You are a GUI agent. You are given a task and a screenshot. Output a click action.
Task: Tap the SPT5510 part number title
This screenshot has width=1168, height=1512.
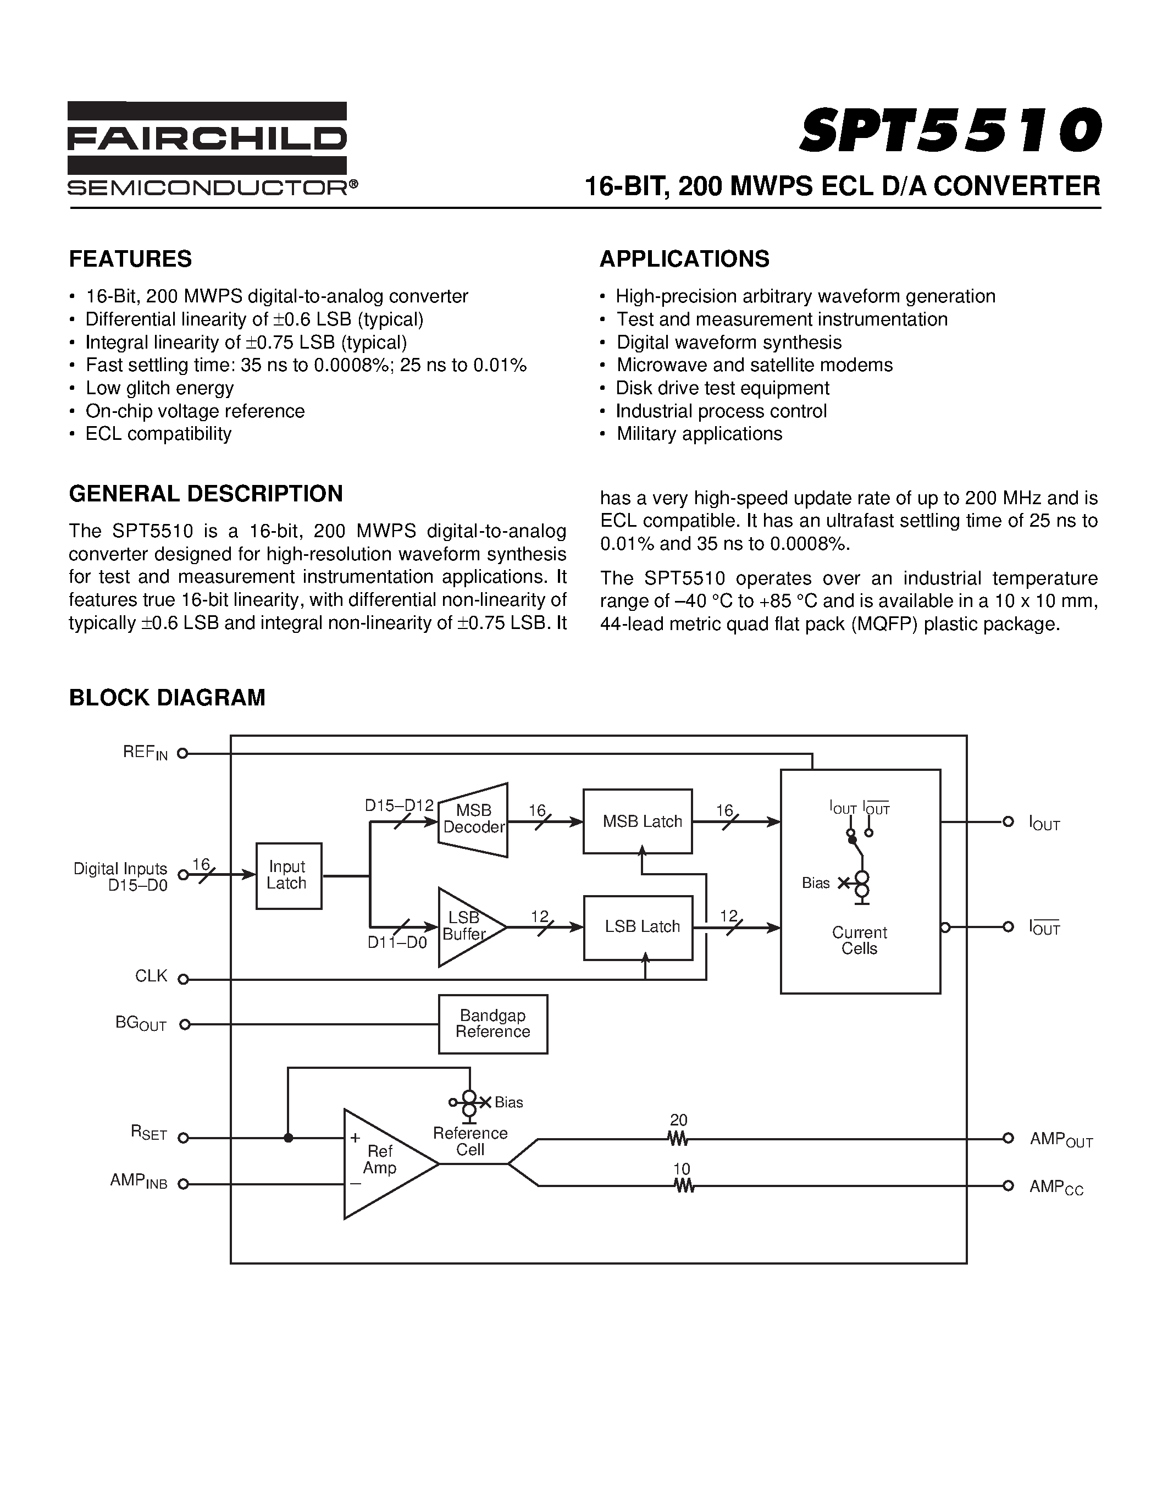pos(949,131)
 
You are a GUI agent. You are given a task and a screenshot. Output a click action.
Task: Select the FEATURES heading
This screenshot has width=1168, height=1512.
pos(130,259)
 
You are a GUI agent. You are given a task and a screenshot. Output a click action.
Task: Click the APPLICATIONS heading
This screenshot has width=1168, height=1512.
pos(684,259)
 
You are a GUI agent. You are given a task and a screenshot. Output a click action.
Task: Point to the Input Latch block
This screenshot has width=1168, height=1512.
pos(288,875)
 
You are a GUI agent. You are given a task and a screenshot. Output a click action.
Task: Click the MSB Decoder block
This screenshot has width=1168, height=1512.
pos(473,819)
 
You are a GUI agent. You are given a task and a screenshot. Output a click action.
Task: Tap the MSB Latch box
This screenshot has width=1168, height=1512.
pos(637,821)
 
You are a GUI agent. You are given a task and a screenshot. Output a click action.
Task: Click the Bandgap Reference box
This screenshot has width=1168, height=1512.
pos(492,1024)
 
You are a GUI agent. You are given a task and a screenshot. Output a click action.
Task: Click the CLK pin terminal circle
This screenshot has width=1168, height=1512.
pos(184,979)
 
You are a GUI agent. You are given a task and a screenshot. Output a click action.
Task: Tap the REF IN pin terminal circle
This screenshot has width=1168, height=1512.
pos(182,753)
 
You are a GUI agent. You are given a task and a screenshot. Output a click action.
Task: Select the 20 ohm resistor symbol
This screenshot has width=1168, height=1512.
pos(678,1138)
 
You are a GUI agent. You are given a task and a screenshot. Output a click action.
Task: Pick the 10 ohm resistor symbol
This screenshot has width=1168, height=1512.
pos(684,1186)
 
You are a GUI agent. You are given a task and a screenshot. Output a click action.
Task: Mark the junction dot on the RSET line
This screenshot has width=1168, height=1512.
pos(289,1138)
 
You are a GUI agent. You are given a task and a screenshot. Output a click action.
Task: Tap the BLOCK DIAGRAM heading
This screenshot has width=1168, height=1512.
pos(167,697)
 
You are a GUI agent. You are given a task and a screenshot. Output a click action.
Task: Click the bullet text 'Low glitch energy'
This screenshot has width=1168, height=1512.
pos(159,388)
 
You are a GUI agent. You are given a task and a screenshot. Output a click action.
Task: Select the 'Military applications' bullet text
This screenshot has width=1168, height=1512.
pos(699,433)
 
